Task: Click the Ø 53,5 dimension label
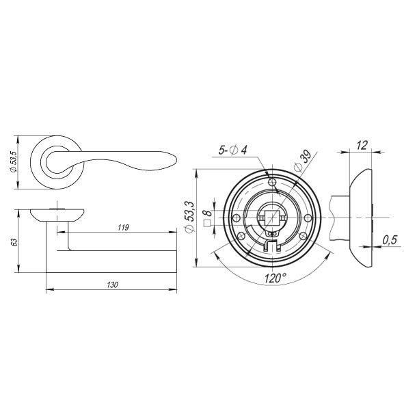tap(13, 162)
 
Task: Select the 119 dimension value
tap(123, 228)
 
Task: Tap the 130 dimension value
tap(112, 285)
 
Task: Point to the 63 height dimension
tap(15, 242)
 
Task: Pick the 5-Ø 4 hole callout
tap(232, 150)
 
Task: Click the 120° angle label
tap(275, 278)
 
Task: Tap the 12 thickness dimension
tap(362, 145)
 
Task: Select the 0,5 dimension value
tap(390, 239)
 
